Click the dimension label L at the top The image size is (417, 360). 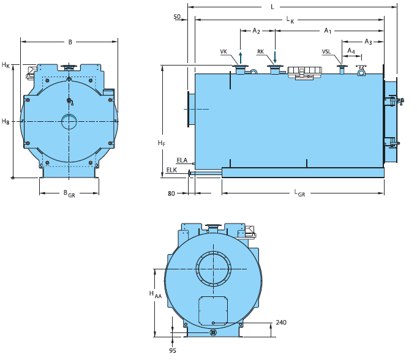coord(272,7)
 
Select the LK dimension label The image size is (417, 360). coord(290,20)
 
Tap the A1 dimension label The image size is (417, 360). coord(328,31)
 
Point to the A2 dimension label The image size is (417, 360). coord(256,31)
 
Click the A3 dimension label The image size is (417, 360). coord(368,42)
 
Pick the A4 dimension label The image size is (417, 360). coord(351,51)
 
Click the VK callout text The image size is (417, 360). coord(224,51)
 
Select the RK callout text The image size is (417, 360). coord(260,51)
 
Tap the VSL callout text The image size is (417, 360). coord(326,51)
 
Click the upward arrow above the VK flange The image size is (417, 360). coord(241,58)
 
